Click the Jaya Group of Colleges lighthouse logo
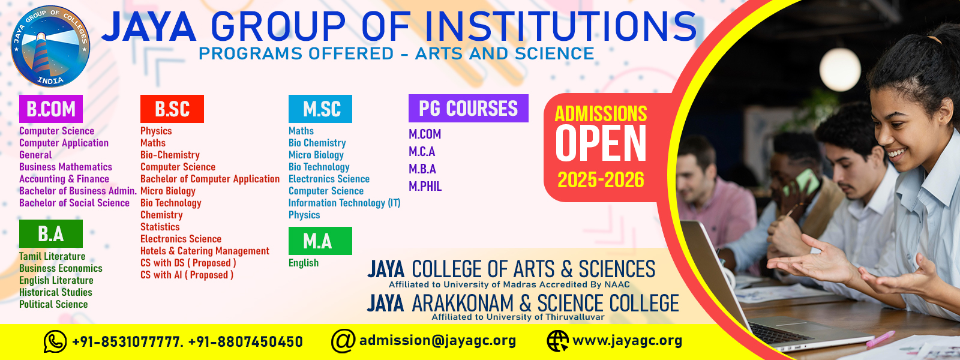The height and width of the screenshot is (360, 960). [x=50, y=46]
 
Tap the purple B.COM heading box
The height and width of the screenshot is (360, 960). [x=51, y=109]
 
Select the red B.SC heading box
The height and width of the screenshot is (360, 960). [x=172, y=109]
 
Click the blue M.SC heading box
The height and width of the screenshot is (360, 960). [x=320, y=109]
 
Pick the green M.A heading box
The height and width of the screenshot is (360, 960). [x=320, y=241]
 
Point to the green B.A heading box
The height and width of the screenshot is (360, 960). [x=51, y=233]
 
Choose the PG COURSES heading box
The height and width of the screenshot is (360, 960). [x=469, y=109]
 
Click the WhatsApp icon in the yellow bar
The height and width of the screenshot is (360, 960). [x=55, y=341]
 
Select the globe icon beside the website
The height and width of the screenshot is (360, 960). [x=557, y=341]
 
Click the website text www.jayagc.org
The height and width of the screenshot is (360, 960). [x=628, y=341]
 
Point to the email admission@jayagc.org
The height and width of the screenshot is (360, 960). [x=437, y=341]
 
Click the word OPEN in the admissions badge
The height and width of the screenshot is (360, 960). [x=601, y=143]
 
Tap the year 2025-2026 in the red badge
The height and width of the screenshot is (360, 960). [x=601, y=179]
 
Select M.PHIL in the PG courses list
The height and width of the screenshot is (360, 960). [x=425, y=187]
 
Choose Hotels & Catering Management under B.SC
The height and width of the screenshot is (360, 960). [x=205, y=251]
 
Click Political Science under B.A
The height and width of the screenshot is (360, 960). [x=53, y=304]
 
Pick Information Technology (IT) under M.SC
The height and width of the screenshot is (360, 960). [x=344, y=203]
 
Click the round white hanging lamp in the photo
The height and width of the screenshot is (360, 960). [x=840, y=69]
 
